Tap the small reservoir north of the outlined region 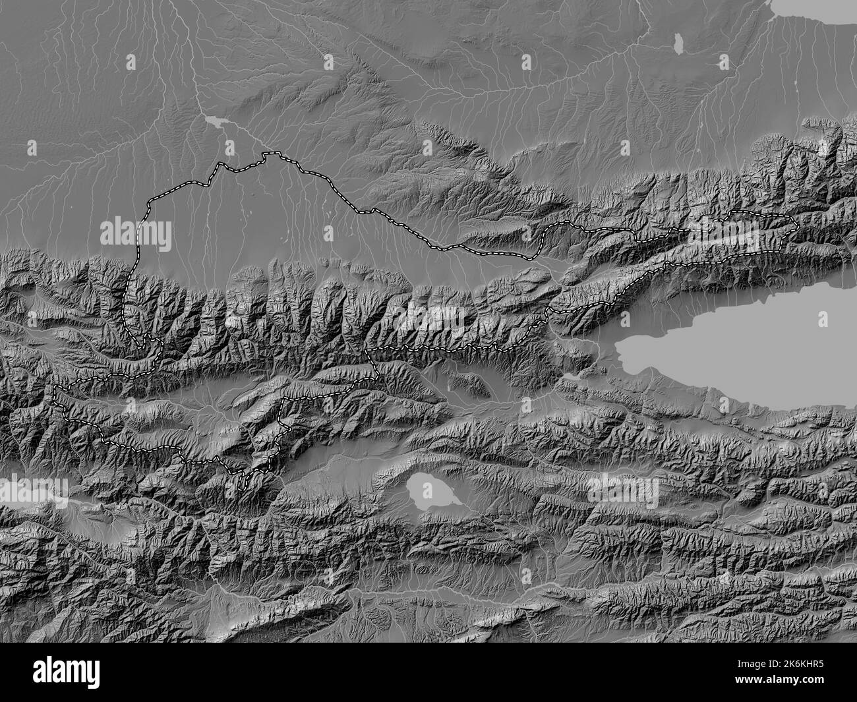tap(215, 121)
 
